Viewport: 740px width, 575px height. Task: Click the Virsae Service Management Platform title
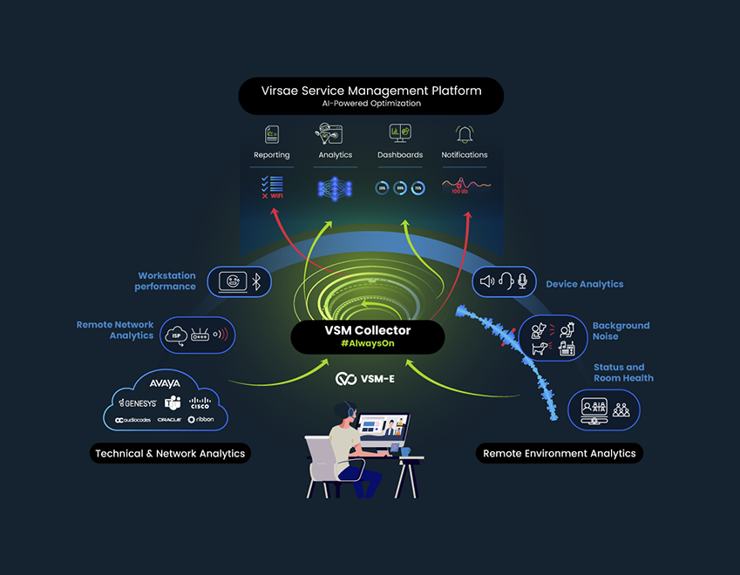[x=370, y=90]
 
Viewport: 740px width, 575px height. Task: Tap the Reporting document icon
[x=272, y=134]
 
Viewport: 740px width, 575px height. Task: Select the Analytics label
[x=336, y=155]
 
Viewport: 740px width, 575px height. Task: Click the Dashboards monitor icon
[x=400, y=133]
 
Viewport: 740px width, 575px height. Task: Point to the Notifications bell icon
[x=464, y=134]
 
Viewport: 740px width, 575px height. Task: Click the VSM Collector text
[x=367, y=331]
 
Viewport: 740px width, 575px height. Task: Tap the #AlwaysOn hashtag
[x=367, y=345]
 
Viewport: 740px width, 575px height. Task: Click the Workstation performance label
[x=166, y=281]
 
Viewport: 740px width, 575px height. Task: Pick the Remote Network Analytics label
[x=115, y=330]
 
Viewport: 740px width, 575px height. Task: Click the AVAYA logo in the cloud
[x=165, y=382]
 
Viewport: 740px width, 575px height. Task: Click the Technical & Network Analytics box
[x=170, y=453]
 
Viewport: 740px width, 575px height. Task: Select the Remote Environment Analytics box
[x=560, y=453]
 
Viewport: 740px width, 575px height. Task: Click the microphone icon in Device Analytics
[x=523, y=281]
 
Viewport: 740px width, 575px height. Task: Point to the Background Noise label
[x=621, y=330]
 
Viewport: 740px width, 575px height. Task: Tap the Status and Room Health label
[x=623, y=373]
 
